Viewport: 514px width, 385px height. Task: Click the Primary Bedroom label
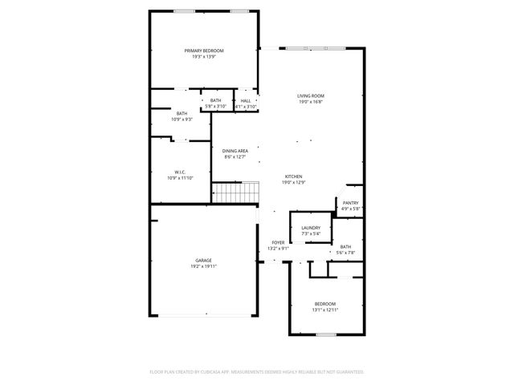pos(203,51)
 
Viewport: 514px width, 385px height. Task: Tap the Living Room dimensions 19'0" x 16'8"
pos(311,102)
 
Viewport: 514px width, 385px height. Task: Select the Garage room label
pos(203,261)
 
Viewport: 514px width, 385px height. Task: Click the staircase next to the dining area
pos(236,192)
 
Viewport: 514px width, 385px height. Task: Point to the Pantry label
pos(351,203)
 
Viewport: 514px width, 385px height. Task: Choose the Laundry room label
pos(311,228)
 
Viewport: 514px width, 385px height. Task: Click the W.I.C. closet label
pos(181,172)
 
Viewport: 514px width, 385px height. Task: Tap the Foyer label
pos(278,242)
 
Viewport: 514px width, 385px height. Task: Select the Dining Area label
pos(235,151)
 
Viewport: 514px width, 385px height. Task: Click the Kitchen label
pos(294,176)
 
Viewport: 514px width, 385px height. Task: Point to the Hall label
pos(246,101)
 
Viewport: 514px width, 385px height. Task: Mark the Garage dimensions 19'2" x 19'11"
pos(203,266)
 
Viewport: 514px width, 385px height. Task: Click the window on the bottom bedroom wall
pos(324,334)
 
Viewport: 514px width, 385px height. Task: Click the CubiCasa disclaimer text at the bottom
pos(257,372)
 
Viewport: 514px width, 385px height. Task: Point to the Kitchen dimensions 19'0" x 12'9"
pos(294,182)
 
